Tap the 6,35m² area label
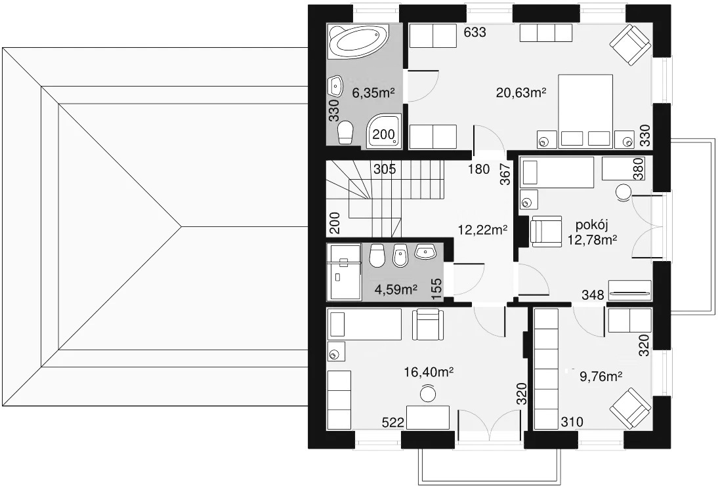(x=373, y=93)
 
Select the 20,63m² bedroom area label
(x=521, y=93)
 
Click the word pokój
(x=591, y=226)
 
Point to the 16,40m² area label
(x=429, y=372)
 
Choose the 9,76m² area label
(x=601, y=376)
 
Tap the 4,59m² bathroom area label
(x=396, y=289)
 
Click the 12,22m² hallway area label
(x=482, y=230)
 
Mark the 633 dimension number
(x=475, y=33)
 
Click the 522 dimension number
(x=393, y=422)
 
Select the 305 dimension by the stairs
(x=385, y=169)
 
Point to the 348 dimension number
(x=593, y=295)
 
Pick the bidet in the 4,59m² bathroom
(x=401, y=255)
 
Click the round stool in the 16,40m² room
(x=429, y=394)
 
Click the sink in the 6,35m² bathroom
(x=335, y=86)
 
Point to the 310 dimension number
(x=572, y=421)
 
